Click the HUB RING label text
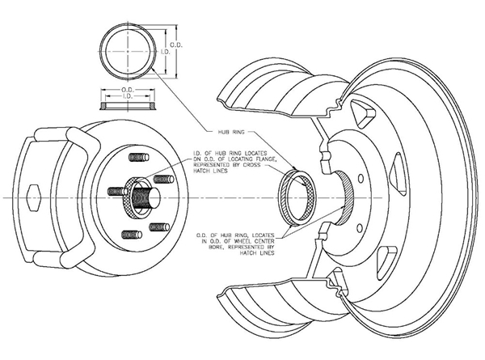tap(231, 130)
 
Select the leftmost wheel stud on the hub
tap(116, 191)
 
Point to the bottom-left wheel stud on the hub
tap(131, 233)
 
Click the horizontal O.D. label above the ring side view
tap(127, 88)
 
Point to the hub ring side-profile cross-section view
tap(127, 105)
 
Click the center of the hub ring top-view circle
tap(127, 49)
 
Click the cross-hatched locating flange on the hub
tap(141, 195)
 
